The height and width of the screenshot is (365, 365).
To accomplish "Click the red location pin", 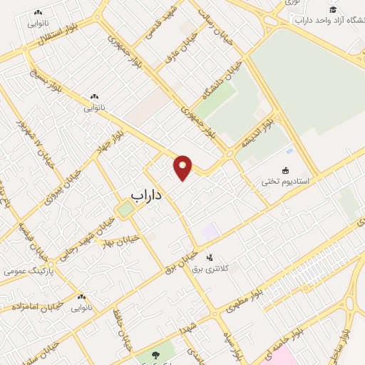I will tap(183, 168).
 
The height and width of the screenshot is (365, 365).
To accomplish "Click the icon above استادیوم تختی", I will tap(286, 170).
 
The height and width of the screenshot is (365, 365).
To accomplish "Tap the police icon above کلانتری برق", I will tap(209, 257).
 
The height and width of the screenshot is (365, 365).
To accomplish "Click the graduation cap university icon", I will tap(332, 9).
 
